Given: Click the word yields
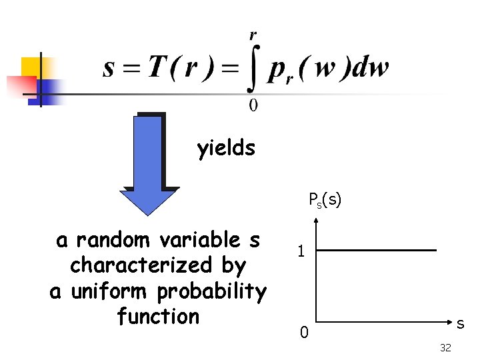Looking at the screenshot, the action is click(226, 148).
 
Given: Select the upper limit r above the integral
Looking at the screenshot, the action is click(253, 35).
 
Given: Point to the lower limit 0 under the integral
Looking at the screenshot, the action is click(253, 105).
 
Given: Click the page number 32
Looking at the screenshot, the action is click(445, 347).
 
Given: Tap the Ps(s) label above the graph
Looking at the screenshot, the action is click(325, 199).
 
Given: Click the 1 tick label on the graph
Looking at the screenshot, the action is click(302, 252).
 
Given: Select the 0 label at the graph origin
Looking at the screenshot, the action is click(303, 332).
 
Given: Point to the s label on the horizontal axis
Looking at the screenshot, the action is click(460, 323).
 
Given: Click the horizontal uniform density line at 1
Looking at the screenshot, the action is click(380, 250).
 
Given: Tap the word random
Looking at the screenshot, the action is click(111, 239).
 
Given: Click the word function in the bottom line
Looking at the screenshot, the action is click(158, 316).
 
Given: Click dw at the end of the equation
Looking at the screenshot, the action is click(371, 68).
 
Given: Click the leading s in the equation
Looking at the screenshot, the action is click(109, 69).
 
